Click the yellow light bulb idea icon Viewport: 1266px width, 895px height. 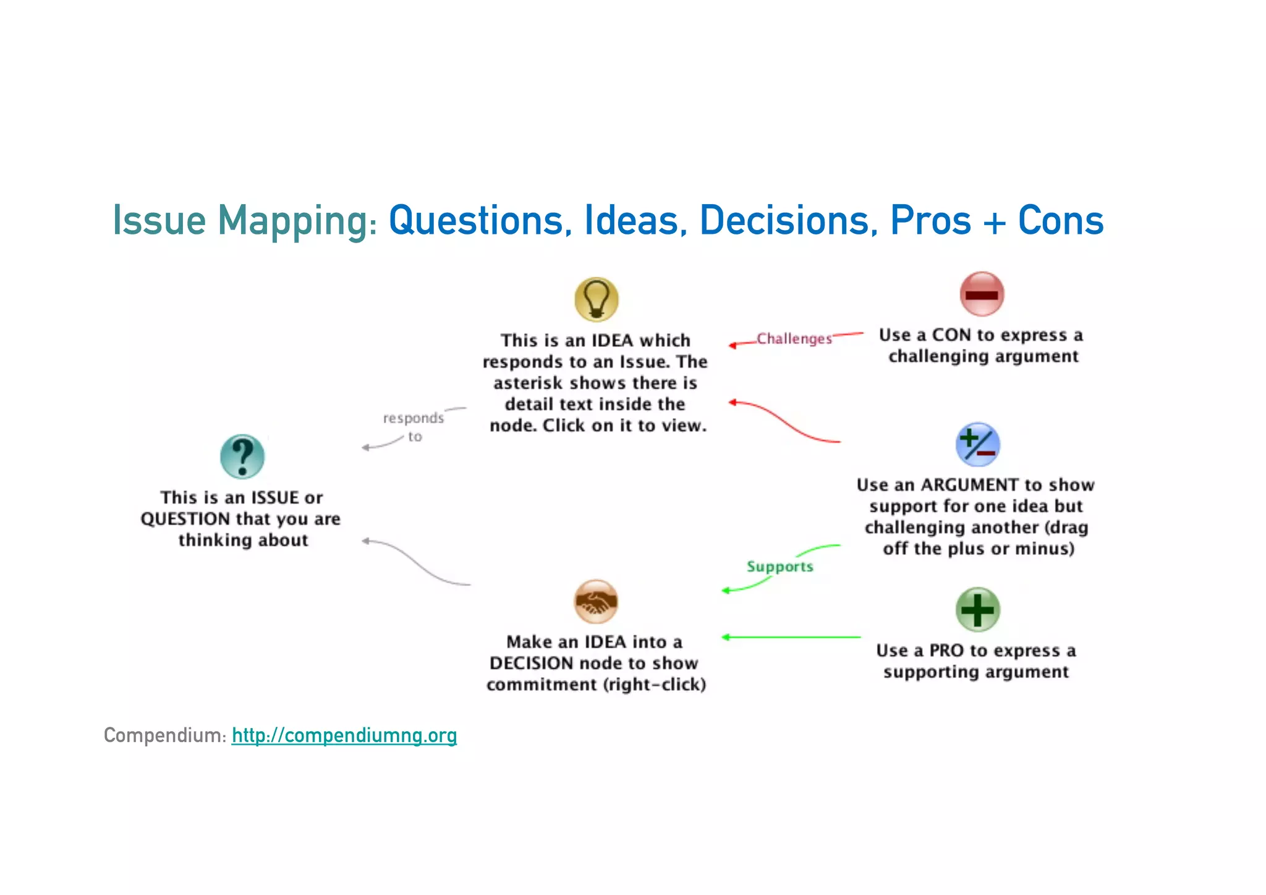click(596, 299)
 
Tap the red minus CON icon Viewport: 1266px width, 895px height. click(982, 294)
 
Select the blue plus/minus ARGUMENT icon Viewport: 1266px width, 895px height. click(977, 444)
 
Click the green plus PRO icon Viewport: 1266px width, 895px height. click(977, 609)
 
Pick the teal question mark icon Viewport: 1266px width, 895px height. click(242, 456)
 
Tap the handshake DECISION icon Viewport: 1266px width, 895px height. click(596, 601)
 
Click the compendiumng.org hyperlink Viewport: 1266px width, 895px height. click(344, 735)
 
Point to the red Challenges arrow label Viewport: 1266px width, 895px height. click(794, 339)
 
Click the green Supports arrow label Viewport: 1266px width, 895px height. click(780, 567)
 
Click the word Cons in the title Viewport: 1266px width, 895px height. click(1060, 221)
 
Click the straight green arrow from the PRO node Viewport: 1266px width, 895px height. click(791, 637)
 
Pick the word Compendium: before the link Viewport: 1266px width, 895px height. click(165, 735)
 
